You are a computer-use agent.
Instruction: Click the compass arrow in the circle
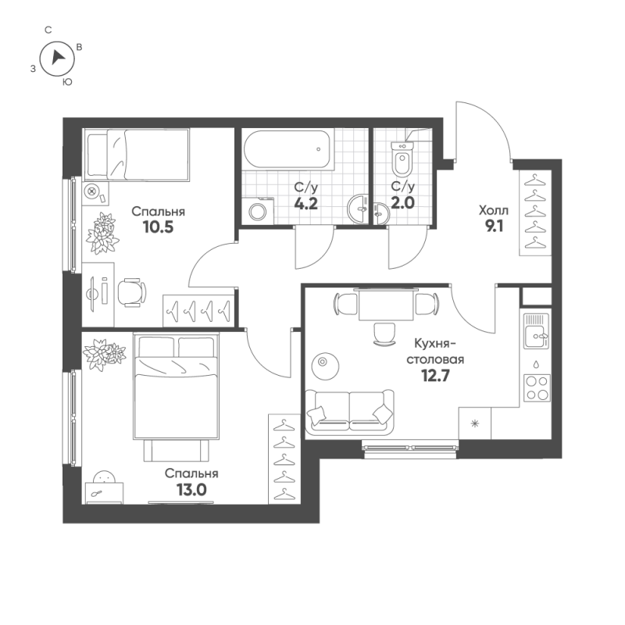[x=56, y=57]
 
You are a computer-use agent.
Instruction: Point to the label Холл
[x=493, y=210]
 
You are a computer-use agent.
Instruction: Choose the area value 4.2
[x=305, y=204]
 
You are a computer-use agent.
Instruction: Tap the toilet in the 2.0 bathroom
[x=403, y=160]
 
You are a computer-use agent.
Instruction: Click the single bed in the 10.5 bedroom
[x=137, y=153]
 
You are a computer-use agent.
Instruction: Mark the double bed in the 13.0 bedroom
[x=175, y=387]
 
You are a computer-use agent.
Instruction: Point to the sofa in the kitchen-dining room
[x=350, y=410]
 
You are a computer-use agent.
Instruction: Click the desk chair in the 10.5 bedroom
[x=131, y=292]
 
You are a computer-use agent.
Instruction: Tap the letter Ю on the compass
[x=67, y=80]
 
